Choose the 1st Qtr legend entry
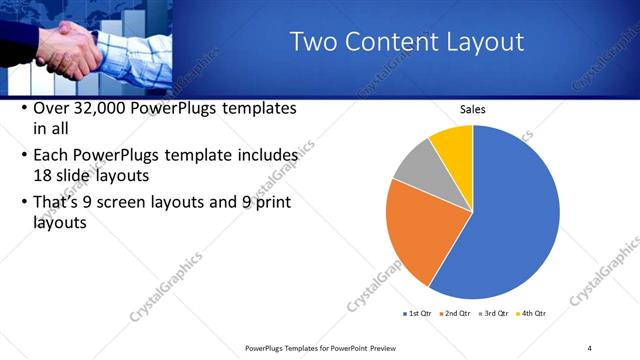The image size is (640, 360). click(x=420, y=313)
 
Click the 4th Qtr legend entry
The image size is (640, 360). click(x=533, y=313)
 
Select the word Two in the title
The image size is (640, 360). click(x=313, y=42)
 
